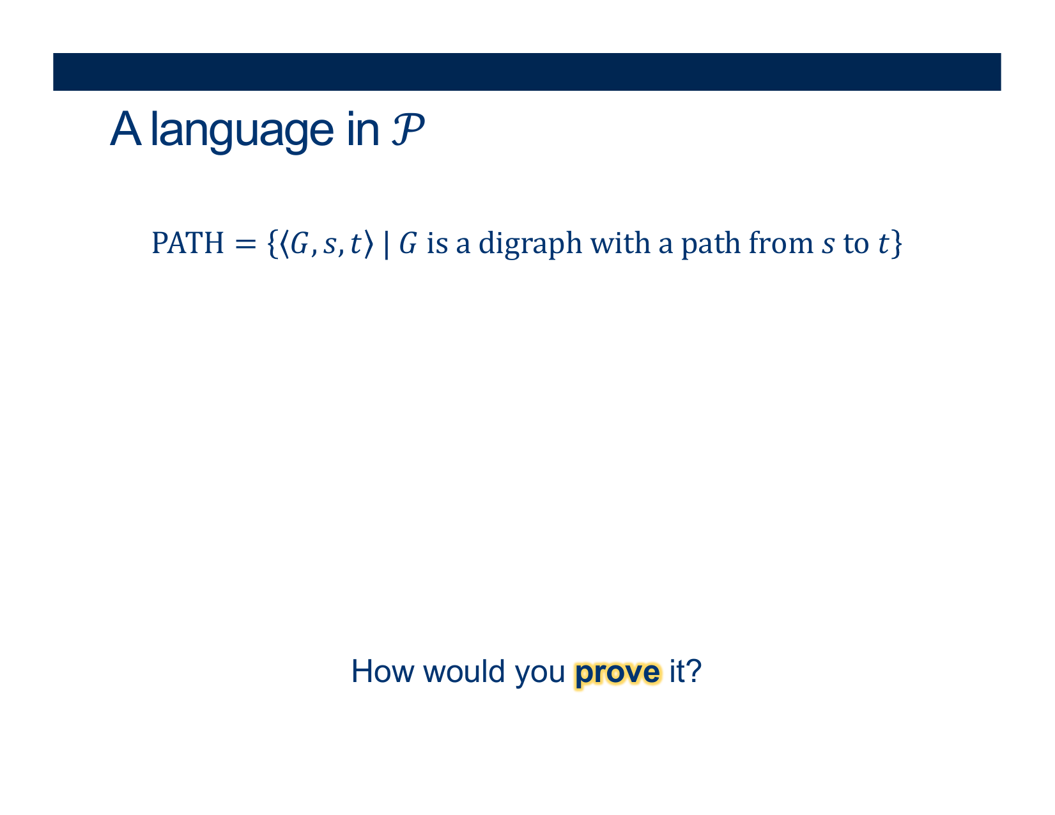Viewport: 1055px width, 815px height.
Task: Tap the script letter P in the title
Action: [x=407, y=129]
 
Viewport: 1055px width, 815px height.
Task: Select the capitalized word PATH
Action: [x=187, y=243]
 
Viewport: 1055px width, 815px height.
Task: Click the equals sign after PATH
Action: [x=245, y=244]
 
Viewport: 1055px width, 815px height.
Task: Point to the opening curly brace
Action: [x=272, y=244]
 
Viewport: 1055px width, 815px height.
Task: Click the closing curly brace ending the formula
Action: [x=897, y=244]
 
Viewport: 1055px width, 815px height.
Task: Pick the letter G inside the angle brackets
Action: [x=300, y=243]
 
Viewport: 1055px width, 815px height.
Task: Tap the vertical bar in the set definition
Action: [x=386, y=244]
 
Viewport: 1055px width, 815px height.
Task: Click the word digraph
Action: [x=530, y=244]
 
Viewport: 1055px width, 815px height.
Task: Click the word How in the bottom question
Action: [x=383, y=671]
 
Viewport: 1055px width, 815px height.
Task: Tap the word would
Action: [x=464, y=671]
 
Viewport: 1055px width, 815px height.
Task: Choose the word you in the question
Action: [x=539, y=675]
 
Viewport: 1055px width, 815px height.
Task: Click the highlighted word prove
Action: [x=617, y=674]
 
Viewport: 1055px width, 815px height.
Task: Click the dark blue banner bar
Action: [x=527, y=72]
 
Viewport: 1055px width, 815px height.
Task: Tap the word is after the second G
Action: [x=437, y=243]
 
